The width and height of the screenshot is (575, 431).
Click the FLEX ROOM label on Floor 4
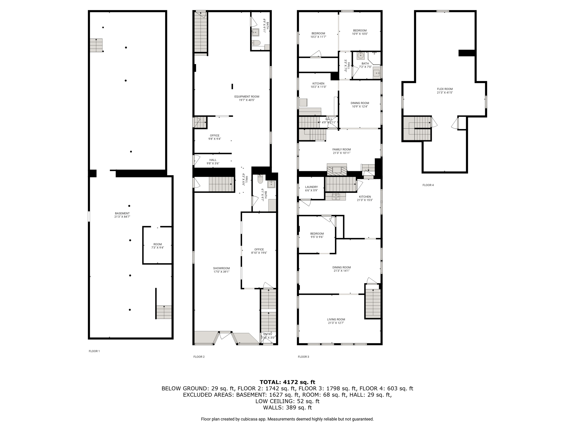[x=445, y=89]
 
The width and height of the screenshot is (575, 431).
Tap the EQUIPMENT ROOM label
[x=247, y=97]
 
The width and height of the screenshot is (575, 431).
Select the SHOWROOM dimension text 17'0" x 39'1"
[x=221, y=272]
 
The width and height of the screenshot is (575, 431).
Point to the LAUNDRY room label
[x=311, y=187]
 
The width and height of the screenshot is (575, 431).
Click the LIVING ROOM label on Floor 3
[x=336, y=319]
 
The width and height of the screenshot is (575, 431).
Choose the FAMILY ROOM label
[x=341, y=150]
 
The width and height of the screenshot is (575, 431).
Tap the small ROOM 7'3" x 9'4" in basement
[x=158, y=246]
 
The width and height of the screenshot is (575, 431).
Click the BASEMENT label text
[x=122, y=213]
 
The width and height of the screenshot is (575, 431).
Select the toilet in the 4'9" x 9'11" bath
[x=256, y=43]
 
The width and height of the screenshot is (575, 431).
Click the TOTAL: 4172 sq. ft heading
[x=287, y=382]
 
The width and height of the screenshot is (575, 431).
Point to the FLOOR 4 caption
[x=428, y=185]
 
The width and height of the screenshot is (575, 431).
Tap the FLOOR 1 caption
[x=94, y=351]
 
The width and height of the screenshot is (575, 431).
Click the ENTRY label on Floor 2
[x=268, y=334]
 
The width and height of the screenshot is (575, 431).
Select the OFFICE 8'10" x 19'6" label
[x=259, y=249]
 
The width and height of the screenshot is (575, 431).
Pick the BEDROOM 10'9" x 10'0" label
[x=360, y=31]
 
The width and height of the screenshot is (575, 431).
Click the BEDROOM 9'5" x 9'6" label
[x=317, y=233]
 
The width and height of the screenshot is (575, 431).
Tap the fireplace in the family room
[x=337, y=169]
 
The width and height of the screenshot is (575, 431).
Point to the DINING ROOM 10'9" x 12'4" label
[x=360, y=103]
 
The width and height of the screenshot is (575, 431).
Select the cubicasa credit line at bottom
[x=287, y=419]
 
